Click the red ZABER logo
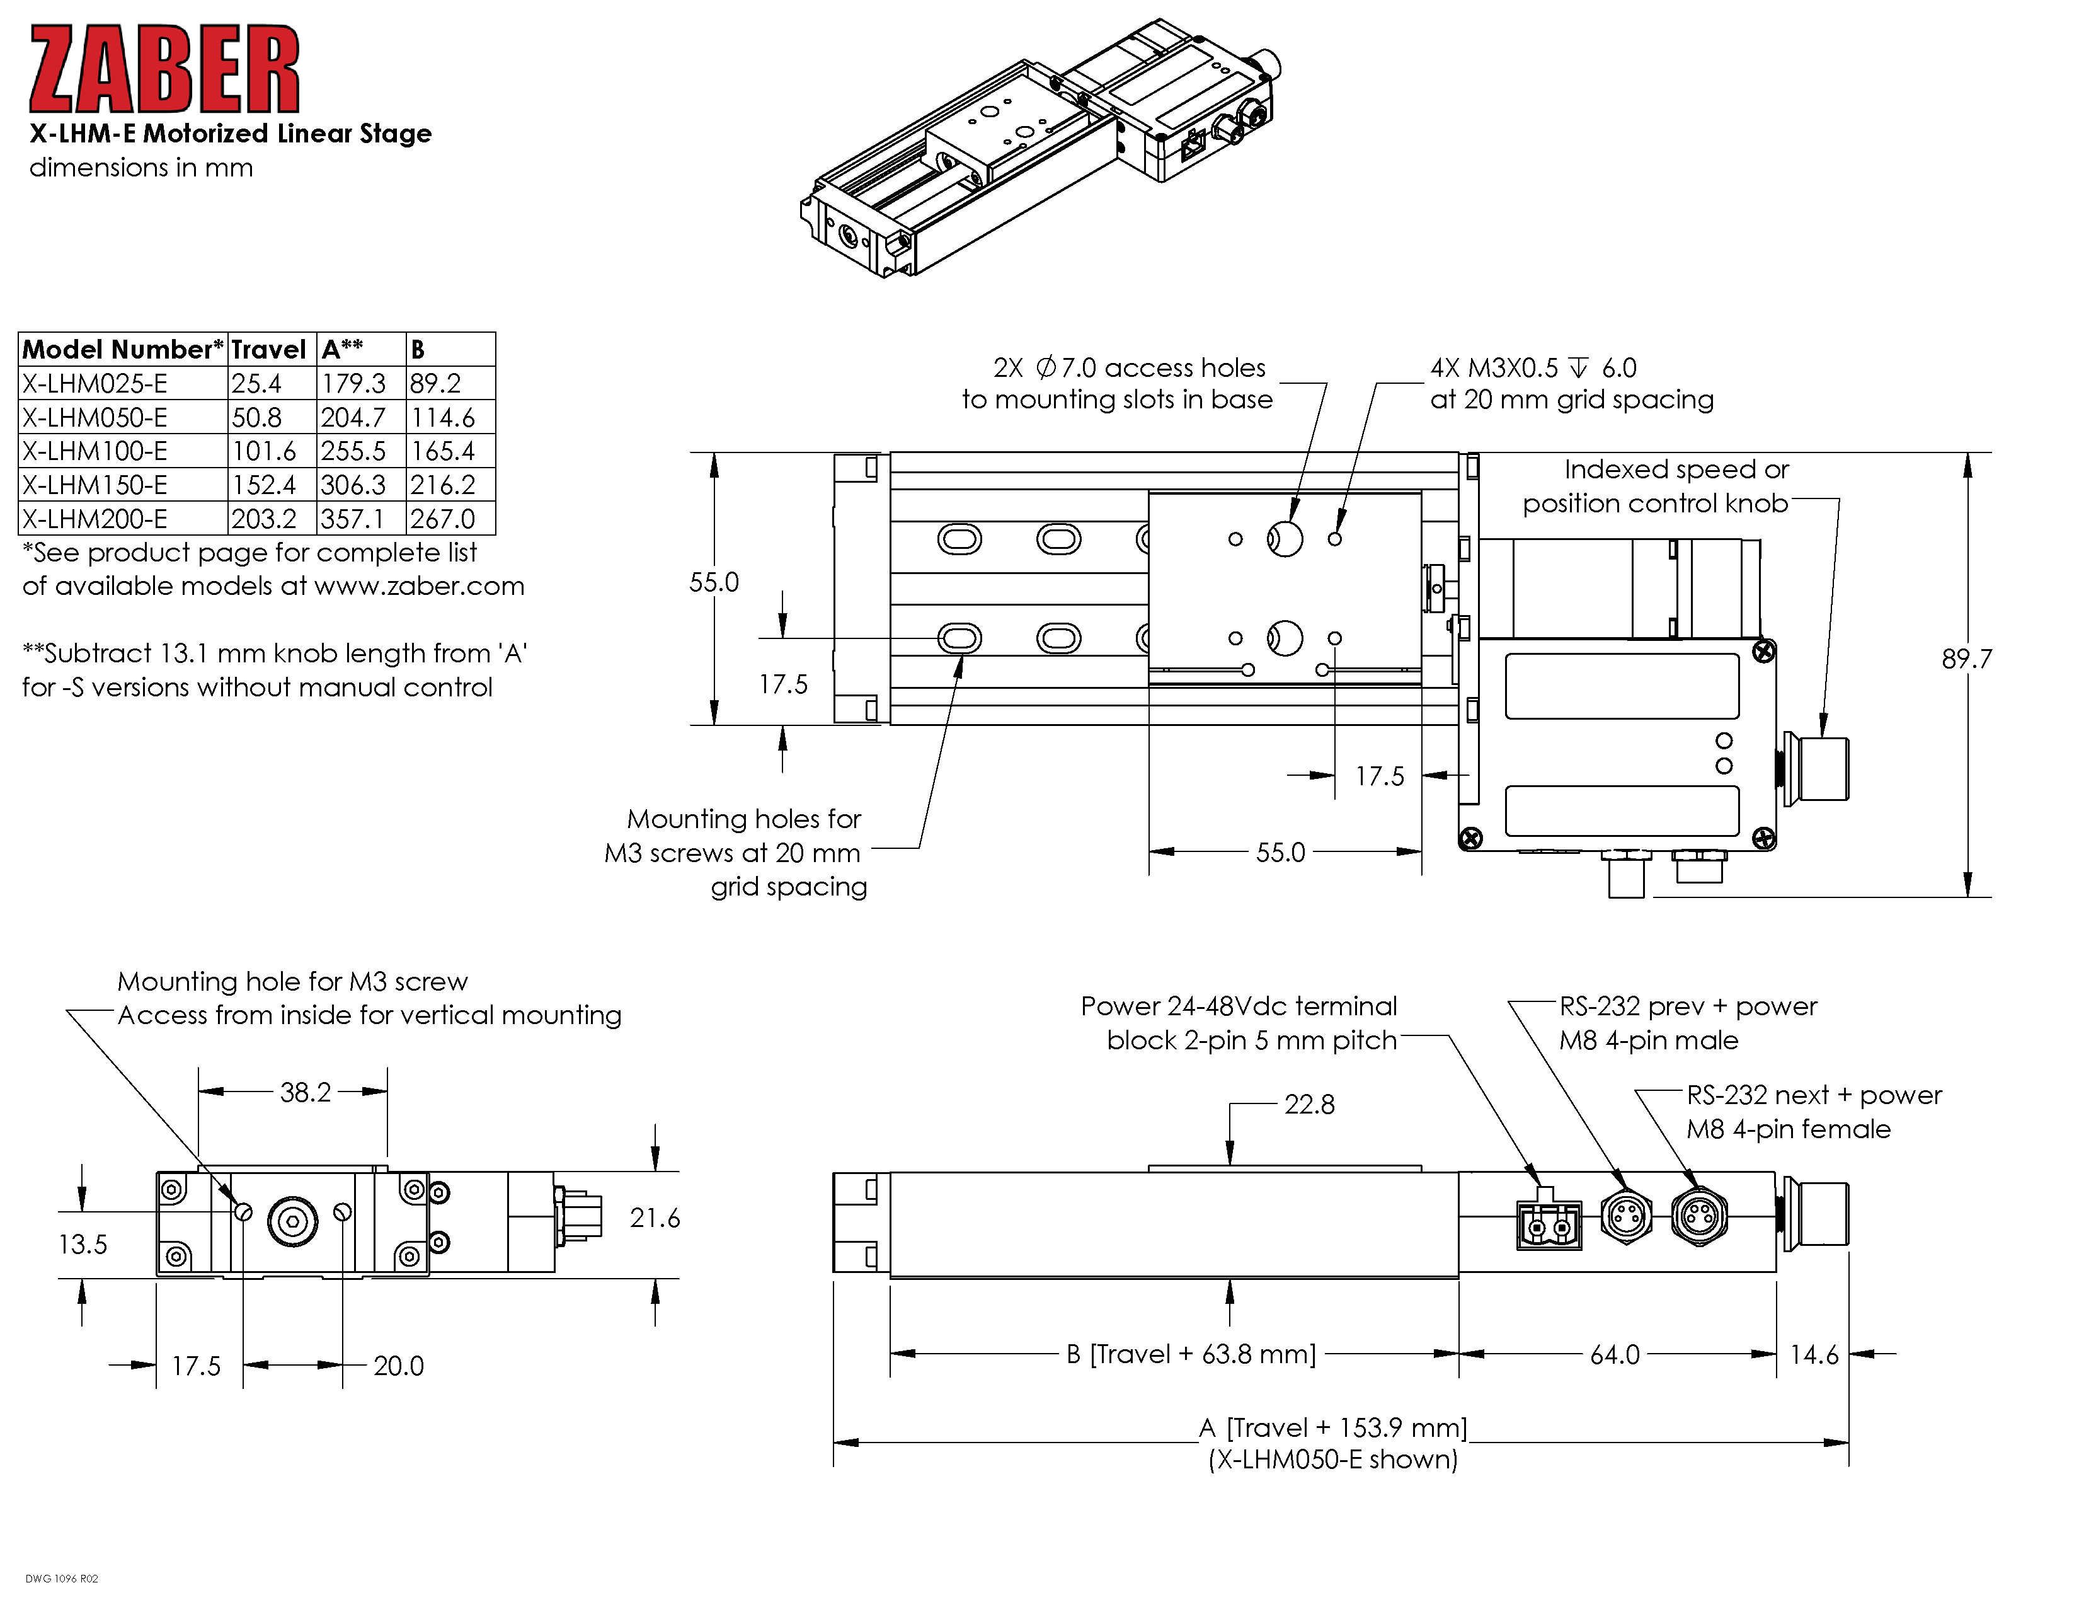pos(164,69)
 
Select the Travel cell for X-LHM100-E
pos(264,451)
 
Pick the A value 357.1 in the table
pos(353,519)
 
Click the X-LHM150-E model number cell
pos(95,485)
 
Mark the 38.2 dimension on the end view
pos(306,1092)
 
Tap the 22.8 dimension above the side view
pos(1309,1104)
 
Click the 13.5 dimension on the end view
pos(83,1244)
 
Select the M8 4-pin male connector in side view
pos(1626,1216)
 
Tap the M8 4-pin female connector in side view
pos(1699,1216)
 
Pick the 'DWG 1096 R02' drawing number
pos(62,1579)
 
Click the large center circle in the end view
pos(292,1221)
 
